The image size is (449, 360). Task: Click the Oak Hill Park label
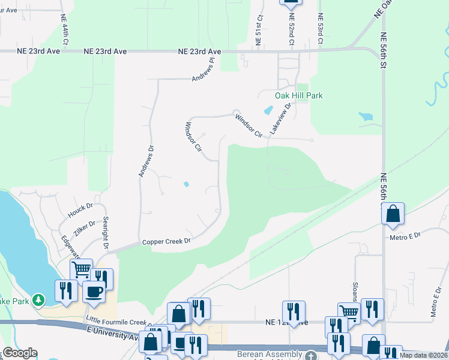pos(298,95)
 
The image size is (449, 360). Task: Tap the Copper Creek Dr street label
pos(166,241)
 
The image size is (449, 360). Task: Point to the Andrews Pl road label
pos(203,70)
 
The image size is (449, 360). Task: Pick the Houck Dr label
pos(80,210)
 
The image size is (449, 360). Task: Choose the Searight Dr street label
pos(106,233)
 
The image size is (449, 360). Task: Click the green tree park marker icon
pos(38,299)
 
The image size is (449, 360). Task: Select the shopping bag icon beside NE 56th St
pos(392,213)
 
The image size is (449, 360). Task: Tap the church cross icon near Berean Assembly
pos(310,356)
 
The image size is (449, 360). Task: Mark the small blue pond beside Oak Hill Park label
pos(268,110)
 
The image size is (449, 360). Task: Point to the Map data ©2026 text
pos(424,355)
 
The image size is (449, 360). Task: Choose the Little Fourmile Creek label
pos(116,321)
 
